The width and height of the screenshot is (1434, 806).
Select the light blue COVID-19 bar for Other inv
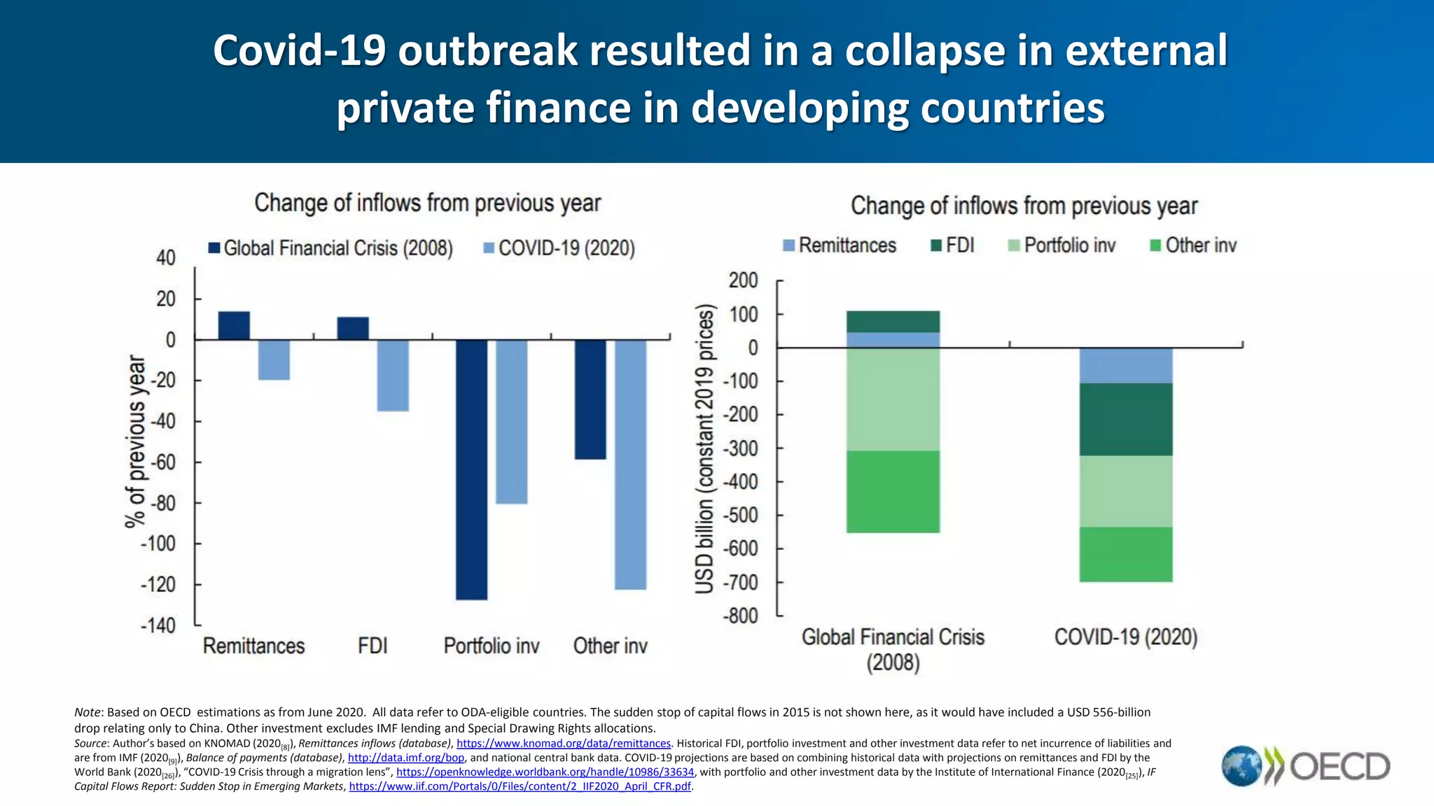coord(630,464)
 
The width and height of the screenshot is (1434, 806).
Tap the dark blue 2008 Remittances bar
coord(234,325)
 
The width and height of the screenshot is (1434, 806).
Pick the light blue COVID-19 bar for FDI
coord(393,375)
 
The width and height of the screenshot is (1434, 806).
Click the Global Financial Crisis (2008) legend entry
coord(330,248)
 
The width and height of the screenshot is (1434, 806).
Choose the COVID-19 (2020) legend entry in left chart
coord(559,248)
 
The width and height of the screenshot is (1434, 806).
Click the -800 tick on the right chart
coord(741,616)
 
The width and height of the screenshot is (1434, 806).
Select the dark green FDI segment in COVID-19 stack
coord(1125,419)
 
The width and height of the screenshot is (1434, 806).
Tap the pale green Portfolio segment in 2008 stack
coord(893,399)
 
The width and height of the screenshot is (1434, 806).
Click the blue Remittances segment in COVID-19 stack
coord(1125,365)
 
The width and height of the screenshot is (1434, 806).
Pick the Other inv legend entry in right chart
coord(1193,246)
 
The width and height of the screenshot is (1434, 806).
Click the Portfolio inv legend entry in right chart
coord(1061,246)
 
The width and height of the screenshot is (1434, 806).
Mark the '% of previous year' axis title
coord(136,441)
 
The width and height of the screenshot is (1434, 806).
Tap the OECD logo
coord(1306,766)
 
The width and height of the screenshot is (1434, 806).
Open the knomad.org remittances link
coord(564,744)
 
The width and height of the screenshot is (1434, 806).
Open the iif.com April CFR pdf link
coord(520,786)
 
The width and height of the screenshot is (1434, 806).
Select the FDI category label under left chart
coord(373,646)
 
